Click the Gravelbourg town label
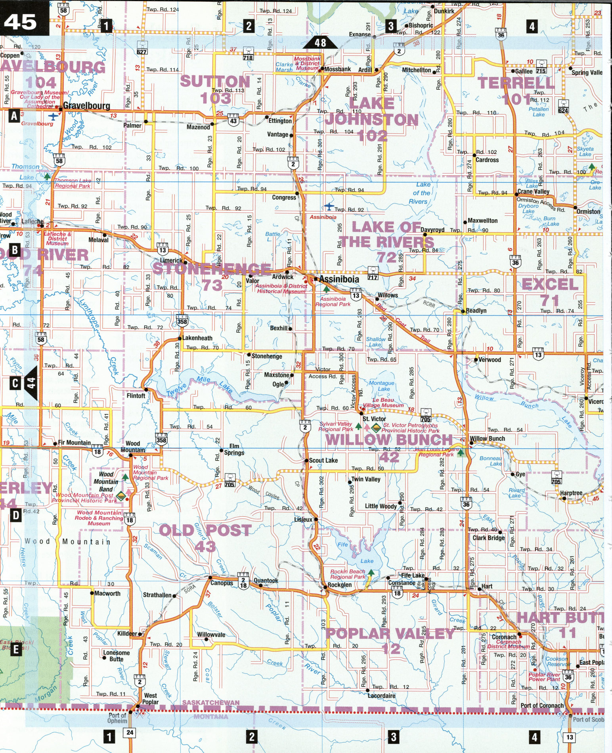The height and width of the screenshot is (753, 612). pyautogui.click(x=86, y=105)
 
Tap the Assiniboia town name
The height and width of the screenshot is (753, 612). pyautogui.click(x=339, y=279)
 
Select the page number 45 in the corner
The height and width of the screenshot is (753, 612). pyautogui.click(x=21, y=23)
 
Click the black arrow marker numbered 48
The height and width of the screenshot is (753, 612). pyautogui.click(x=320, y=42)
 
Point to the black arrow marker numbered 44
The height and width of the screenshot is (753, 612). pyautogui.click(x=31, y=383)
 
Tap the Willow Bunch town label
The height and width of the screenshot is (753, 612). pyautogui.click(x=487, y=438)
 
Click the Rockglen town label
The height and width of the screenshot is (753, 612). pyautogui.click(x=339, y=585)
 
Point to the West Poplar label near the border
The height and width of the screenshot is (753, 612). pyautogui.click(x=151, y=698)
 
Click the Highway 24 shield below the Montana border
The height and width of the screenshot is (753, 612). pyautogui.click(x=130, y=733)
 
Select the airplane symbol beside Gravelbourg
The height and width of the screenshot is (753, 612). pyautogui.click(x=53, y=116)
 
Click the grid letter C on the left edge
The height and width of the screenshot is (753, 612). pyautogui.click(x=15, y=383)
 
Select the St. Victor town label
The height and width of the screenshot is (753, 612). pyautogui.click(x=374, y=419)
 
